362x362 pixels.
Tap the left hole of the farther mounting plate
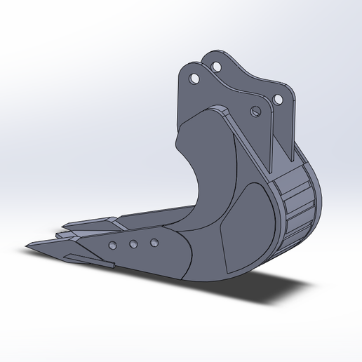[x=216, y=67]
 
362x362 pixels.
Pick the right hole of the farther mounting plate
[x=280, y=100]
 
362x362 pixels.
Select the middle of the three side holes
[x=133, y=244]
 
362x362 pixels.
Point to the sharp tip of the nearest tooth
[x=26, y=246]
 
